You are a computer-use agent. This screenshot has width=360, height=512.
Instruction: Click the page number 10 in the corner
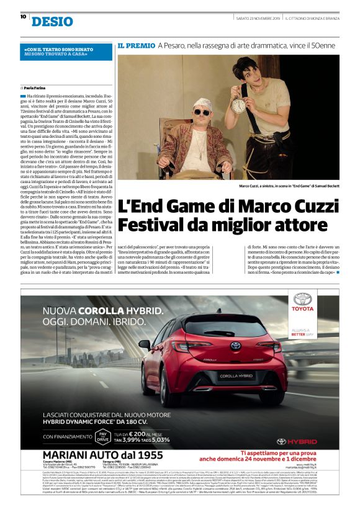[23, 17]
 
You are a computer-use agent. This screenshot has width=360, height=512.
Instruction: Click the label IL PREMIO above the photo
[136, 45]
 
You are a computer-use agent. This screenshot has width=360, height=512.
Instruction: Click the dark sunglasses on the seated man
[202, 112]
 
